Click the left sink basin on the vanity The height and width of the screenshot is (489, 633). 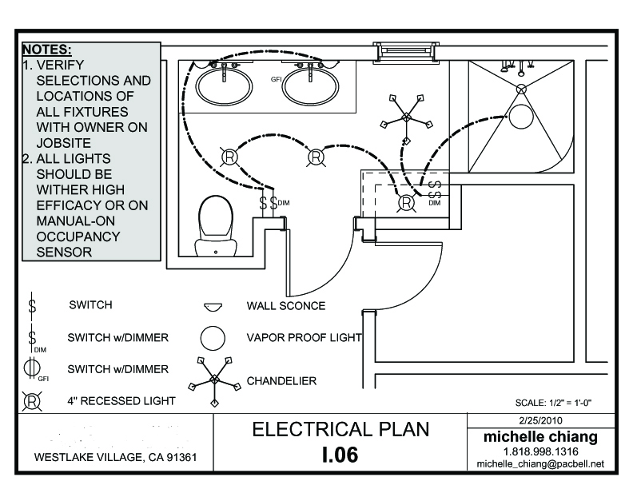(225, 85)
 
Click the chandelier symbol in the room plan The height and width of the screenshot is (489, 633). (406, 117)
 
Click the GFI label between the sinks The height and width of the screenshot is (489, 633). (277, 79)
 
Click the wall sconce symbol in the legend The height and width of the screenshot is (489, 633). (213, 306)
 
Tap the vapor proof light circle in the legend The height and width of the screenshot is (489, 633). (212, 338)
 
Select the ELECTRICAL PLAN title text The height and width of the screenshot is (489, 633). (340, 429)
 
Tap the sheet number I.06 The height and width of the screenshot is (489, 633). (340, 455)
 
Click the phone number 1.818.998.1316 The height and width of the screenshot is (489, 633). (540, 451)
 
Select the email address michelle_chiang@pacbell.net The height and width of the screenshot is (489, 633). (540, 463)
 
